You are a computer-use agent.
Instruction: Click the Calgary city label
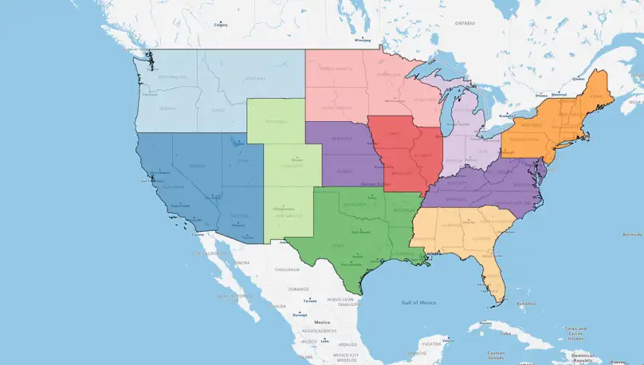click(221, 25)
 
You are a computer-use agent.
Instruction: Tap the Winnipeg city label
click(363, 38)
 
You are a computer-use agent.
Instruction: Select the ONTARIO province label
click(465, 23)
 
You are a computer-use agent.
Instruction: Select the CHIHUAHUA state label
click(287, 269)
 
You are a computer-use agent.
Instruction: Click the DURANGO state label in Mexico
click(298, 288)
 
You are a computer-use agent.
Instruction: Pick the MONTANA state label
click(255, 78)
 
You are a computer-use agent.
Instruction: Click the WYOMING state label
click(274, 122)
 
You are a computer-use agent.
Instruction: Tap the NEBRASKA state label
click(341, 138)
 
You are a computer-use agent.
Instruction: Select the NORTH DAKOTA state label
click(338, 69)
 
